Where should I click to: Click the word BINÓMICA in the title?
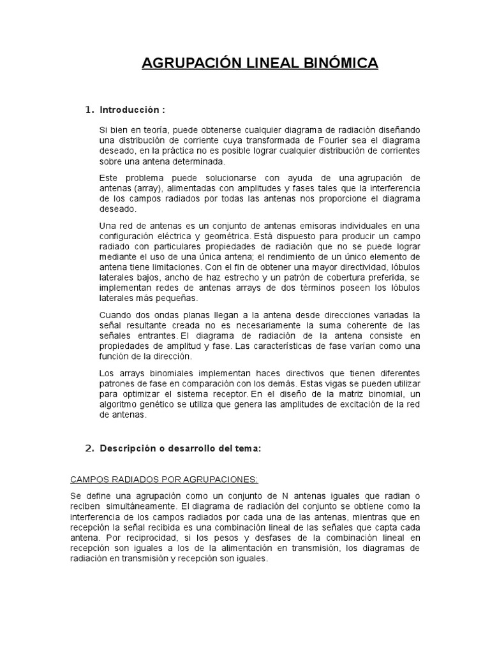343,63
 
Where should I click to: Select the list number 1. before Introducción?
90,110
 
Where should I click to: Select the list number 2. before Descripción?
90,448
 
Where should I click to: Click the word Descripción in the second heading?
128,448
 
